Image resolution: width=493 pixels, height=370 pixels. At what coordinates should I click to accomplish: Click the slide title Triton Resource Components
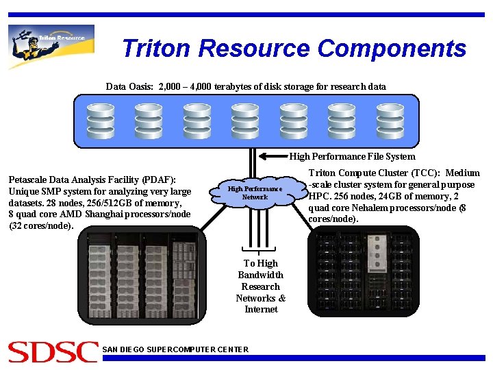294,49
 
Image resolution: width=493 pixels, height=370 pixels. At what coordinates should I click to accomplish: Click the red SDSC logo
53,351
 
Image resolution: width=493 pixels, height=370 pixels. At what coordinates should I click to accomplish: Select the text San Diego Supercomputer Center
175,349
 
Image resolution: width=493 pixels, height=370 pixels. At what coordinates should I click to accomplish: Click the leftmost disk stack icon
101,121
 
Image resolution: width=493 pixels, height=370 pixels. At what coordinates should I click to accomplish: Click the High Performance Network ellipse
255,193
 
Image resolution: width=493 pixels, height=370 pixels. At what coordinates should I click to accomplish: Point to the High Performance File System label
352,156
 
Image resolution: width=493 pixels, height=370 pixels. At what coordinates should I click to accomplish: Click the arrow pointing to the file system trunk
270,156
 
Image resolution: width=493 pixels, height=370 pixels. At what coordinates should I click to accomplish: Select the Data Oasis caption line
245,87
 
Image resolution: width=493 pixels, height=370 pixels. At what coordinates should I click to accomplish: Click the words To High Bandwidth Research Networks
260,281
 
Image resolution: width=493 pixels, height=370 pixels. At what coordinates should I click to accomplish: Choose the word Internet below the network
261,310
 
